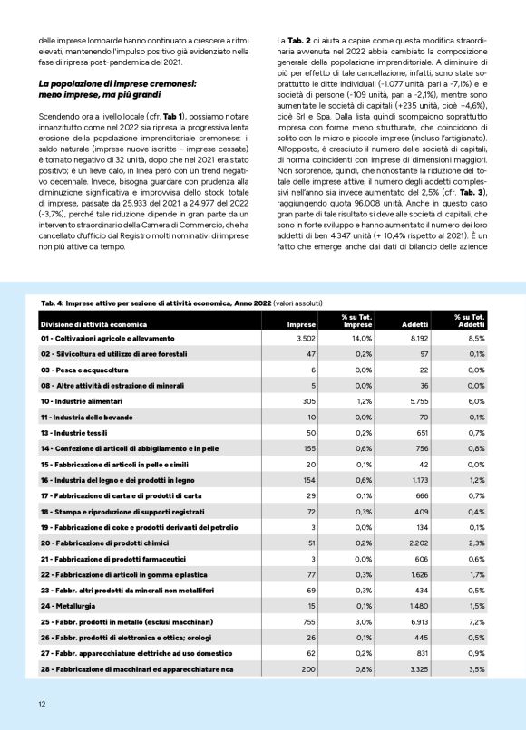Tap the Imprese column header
click(x=301, y=323)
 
